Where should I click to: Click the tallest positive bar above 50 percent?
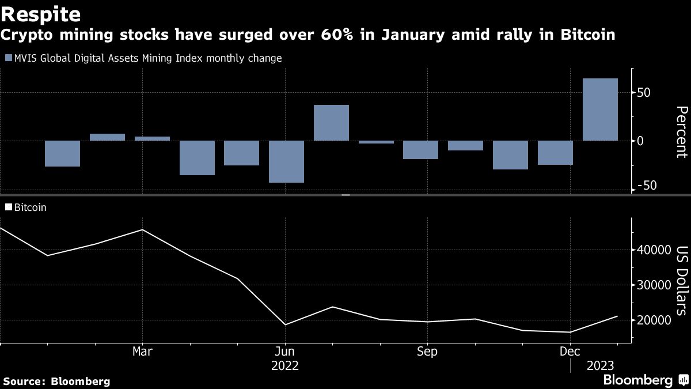[600, 109]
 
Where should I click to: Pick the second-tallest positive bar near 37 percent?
[331, 123]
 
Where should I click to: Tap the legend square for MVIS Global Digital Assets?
[8, 58]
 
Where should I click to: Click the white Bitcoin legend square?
[8, 207]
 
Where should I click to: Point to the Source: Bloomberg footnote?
[56, 381]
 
